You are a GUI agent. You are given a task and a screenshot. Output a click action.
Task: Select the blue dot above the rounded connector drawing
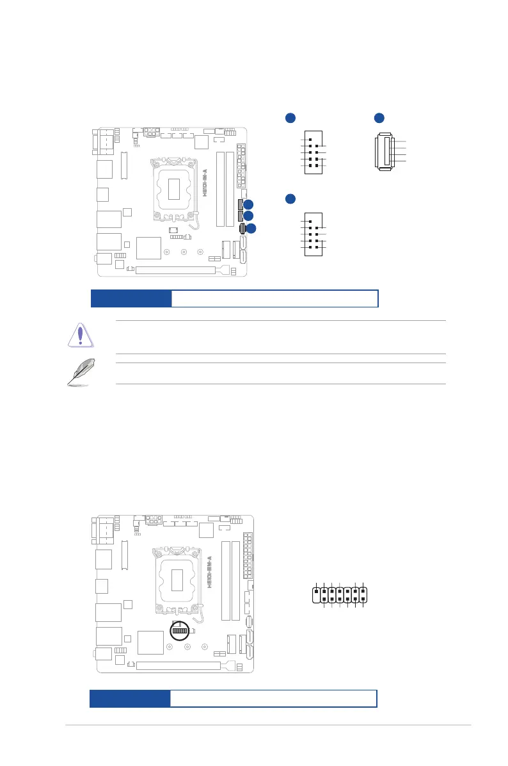point(379,117)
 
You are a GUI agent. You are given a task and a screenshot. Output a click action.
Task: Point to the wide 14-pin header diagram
point(340,594)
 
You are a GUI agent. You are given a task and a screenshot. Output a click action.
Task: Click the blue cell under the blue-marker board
point(131,298)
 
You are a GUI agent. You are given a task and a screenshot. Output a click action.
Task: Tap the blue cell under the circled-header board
point(130,699)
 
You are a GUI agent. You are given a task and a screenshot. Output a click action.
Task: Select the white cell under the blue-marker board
point(274,298)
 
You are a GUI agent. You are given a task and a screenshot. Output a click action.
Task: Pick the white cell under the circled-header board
point(273,699)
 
